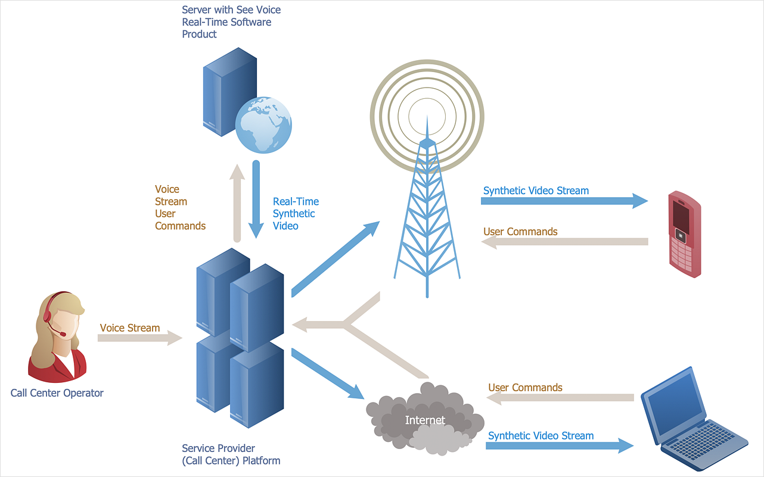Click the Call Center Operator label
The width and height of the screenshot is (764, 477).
(57, 393)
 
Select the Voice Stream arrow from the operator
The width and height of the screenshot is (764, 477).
(140, 338)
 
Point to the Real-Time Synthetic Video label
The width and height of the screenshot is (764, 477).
(296, 214)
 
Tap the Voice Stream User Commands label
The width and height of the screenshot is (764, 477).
(179, 207)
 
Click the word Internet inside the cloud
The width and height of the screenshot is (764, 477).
(425, 420)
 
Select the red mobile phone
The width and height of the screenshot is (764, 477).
(684, 233)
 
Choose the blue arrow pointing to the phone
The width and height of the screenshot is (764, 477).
(563, 201)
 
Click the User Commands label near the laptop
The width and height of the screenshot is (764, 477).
(525, 388)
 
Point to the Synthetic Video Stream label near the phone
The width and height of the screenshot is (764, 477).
(536, 191)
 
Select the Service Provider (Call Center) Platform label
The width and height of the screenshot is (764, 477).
(231, 454)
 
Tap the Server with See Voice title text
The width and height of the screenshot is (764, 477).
(231, 22)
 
